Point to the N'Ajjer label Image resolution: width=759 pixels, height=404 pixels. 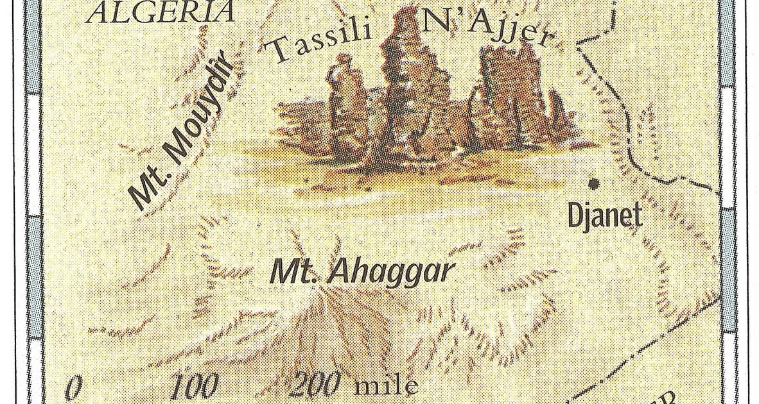[486, 31]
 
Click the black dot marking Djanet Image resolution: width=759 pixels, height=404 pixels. [594, 183]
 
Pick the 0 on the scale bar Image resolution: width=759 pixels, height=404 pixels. [74, 387]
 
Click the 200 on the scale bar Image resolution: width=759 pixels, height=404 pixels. [315, 385]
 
